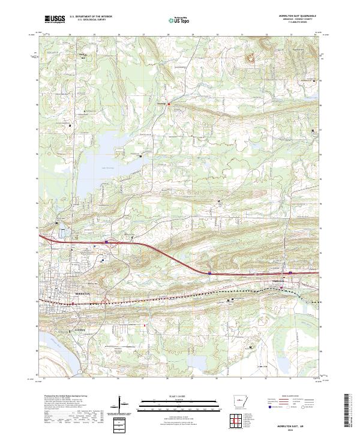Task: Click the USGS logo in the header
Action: [55, 19]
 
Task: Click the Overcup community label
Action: [160, 103]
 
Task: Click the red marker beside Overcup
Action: [169, 104]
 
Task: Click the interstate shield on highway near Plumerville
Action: [209, 272]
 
